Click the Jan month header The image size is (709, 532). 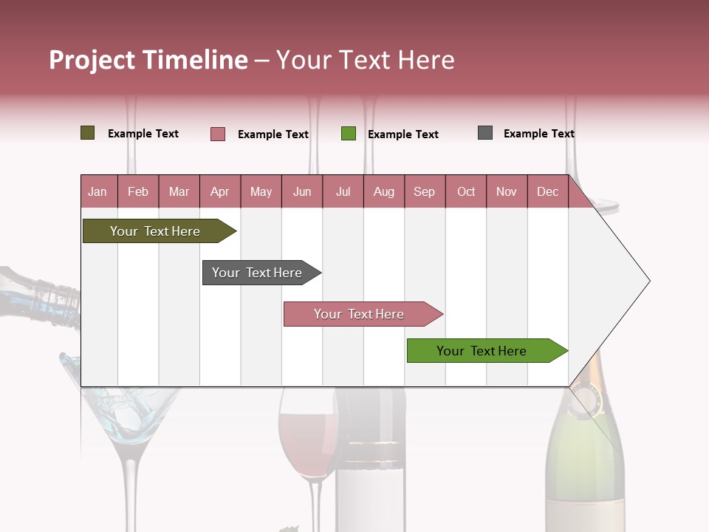click(x=97, y=191)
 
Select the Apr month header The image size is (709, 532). click(x=220, y=191)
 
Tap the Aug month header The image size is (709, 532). click(x=383, y=191)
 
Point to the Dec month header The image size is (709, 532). click(x=547, y=191)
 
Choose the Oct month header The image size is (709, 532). click(x=466, y=191)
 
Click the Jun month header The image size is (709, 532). click(x=302, y=191)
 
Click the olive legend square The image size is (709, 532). click(x=88, y=133)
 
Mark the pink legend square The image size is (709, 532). click(x=218, y=134)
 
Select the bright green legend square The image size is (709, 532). click(x=349, y=134)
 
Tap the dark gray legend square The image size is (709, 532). click(x=485, y=133)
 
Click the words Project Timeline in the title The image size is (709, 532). click(x=148, y=60)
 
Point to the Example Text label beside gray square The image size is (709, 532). click(x=538, y=134)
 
